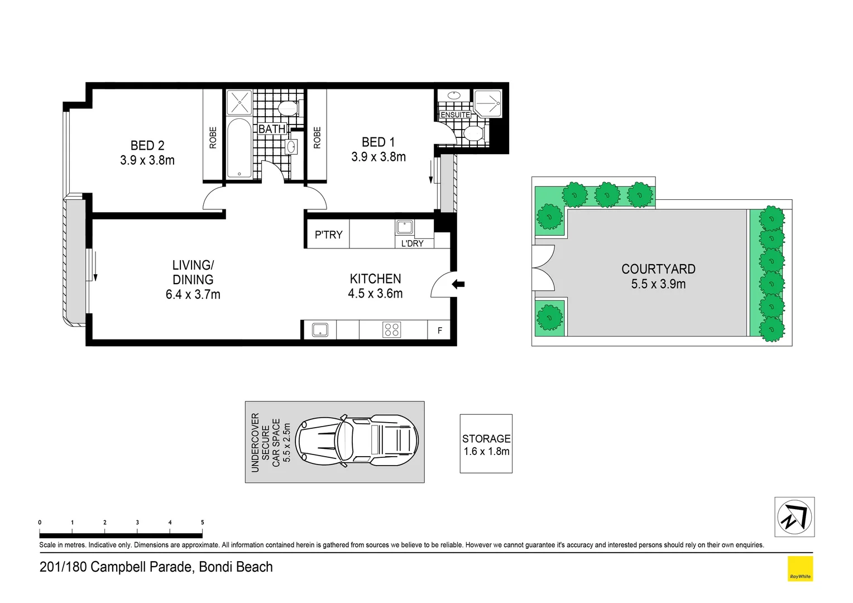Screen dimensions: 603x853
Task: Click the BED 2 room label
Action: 147,146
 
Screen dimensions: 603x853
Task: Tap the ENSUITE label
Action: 455,114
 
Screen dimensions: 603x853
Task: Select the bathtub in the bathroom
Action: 240,148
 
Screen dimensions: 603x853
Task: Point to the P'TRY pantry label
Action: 328,235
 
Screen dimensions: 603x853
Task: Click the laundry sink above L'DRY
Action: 405,227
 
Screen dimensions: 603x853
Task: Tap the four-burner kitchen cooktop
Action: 392,329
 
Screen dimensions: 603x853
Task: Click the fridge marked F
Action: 439,331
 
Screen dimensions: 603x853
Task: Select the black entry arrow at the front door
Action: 458,285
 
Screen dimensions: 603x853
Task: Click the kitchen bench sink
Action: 320,329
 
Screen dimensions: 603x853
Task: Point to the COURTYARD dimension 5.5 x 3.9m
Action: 658,284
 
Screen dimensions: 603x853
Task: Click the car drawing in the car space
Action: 357,441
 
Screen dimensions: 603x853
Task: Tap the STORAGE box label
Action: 486,439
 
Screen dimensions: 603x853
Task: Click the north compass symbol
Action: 794,516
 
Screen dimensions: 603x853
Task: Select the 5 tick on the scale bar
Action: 202,523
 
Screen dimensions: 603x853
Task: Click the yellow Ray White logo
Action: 800,569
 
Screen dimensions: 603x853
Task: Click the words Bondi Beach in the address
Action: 236,567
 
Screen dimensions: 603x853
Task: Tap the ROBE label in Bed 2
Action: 213,137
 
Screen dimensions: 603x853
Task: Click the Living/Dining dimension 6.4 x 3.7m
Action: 193,295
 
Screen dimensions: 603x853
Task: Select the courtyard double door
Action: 541,268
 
